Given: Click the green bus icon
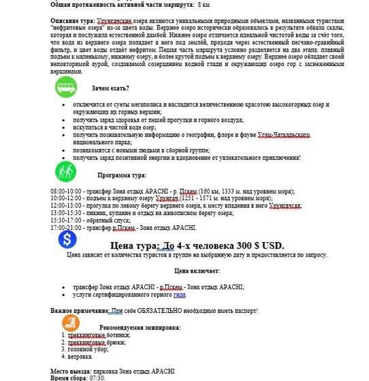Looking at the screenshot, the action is (66, 87).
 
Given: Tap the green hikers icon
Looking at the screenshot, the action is (66, 171).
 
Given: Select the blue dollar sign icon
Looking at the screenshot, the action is (67, 240).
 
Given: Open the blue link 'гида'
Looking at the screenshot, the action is (180, 295).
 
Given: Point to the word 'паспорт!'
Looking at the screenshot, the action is (245, 310).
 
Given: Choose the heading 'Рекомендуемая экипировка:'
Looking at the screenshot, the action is (139, 327).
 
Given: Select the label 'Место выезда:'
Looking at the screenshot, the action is (69, 371).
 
